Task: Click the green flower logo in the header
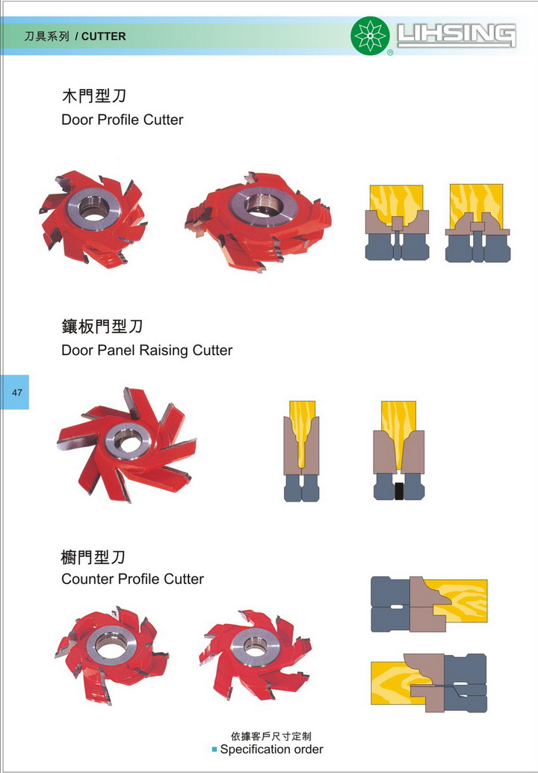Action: (370, 36)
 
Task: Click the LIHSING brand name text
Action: (457, 35)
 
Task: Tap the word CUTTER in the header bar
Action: (103, 36)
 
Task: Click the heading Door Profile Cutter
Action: (122, 120)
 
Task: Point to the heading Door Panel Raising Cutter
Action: (146, 350)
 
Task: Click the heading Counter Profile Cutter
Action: (132, 579)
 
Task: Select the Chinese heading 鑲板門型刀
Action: (102, 327)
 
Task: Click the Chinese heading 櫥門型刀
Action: (93, 557)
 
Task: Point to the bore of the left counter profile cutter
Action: (111, 643)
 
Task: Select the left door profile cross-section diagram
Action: (396, 222)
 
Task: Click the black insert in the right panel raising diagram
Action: (398, 492)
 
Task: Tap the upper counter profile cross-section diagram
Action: (428, 604)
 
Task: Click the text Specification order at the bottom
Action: (271, 749)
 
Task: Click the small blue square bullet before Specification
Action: (214, 749)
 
